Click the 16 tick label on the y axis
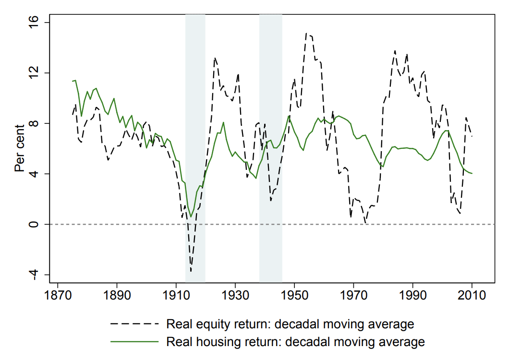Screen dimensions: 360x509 coord(37,23)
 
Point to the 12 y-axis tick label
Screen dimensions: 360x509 coord(37,73)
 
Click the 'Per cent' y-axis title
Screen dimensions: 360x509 coord(20,148)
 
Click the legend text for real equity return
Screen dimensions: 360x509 coord(290,324)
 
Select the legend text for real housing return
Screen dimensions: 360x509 coord(295,342)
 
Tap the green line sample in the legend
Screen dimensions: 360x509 coord(134,342)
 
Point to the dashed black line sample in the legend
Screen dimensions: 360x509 coord(134,324)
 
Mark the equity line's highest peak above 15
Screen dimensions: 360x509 coord(306,33)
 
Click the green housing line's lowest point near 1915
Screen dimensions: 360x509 coord(191,217)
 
